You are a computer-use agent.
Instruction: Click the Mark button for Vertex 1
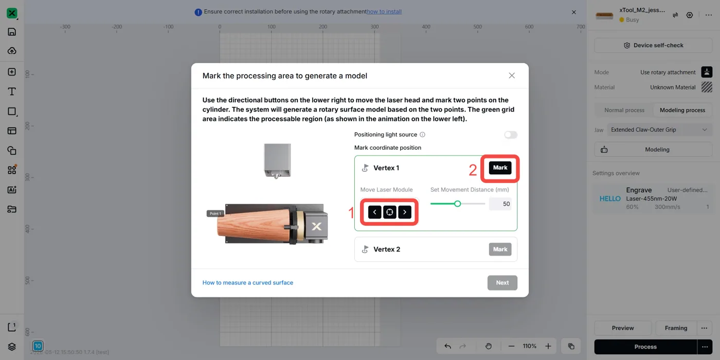[x=500, y=168]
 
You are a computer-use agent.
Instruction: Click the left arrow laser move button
[x=374, y=212]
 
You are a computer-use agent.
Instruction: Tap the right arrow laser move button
[x=405, y=212]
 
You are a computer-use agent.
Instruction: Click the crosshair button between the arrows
[x=390, y=212]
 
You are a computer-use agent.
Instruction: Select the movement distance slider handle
[x=457, y=204]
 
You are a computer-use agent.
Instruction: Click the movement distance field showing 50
[x=500, y=204]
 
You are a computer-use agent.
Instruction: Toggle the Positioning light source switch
[x=510, y=135]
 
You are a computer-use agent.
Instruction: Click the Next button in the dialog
[x=502, y=282]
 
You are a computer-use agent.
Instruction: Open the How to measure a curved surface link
[x=248, y=282]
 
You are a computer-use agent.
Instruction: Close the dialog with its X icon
[x=512, y=76]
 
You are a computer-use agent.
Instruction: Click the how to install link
[x=384, y=11]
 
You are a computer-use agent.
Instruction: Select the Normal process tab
[x=624, y=110]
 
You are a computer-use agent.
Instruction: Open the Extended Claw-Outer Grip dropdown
[x=659, y=130]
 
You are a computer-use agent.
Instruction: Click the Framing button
[x=676, y=328]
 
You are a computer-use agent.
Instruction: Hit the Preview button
[x=623, y=328]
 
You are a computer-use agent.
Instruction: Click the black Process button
[x=645, y=347]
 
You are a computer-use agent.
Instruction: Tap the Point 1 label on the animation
[x=215, y=213]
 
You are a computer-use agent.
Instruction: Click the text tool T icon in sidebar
[x=12, y=92]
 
